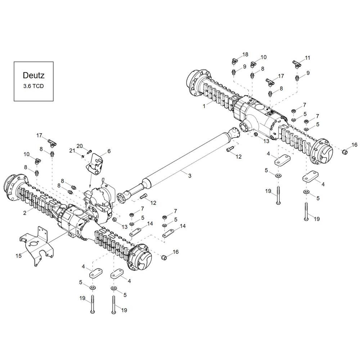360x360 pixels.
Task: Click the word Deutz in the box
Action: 33,75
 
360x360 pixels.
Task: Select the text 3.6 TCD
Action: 33,86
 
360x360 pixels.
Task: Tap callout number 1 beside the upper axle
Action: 204,106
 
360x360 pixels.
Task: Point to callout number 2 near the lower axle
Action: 25,213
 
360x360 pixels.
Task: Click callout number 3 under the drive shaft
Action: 190,176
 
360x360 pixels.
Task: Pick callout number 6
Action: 109,151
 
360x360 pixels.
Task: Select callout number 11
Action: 307,58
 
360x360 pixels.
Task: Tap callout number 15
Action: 19,256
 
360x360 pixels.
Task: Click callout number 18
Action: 245,54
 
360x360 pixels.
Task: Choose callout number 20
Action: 80,146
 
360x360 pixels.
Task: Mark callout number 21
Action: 72,150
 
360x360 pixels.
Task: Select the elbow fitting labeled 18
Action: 234,61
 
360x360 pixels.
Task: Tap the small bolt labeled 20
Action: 89,151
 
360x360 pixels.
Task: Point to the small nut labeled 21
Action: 82,156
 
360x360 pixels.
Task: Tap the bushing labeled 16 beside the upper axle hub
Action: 344,152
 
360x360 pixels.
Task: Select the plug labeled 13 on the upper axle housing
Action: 255,134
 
